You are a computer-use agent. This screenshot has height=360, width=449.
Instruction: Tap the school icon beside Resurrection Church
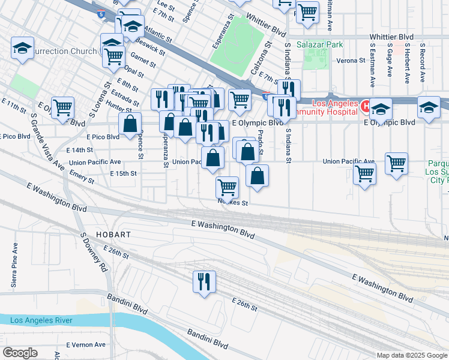point(23,47)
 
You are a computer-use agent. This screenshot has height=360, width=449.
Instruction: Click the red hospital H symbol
point(365,104)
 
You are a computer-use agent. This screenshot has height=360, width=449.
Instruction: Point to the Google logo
point(20,353)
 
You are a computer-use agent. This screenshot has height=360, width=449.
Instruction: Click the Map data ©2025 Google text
point(412,355)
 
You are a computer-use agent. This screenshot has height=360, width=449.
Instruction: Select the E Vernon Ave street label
point(86,344)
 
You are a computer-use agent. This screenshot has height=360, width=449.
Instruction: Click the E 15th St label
point(123,173)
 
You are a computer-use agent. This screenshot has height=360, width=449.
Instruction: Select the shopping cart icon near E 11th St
point(62,107)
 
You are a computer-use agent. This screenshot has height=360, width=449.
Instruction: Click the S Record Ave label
point(423,63)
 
